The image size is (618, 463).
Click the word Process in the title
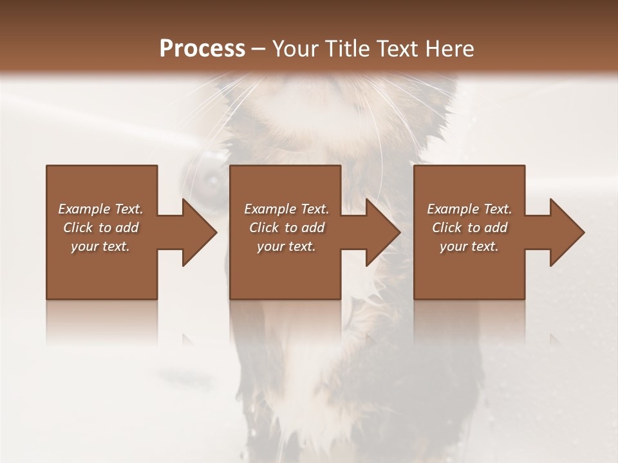tap(202, 49)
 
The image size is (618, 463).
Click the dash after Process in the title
tap(259, 50)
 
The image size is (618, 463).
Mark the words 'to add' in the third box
tap(488, 228)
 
